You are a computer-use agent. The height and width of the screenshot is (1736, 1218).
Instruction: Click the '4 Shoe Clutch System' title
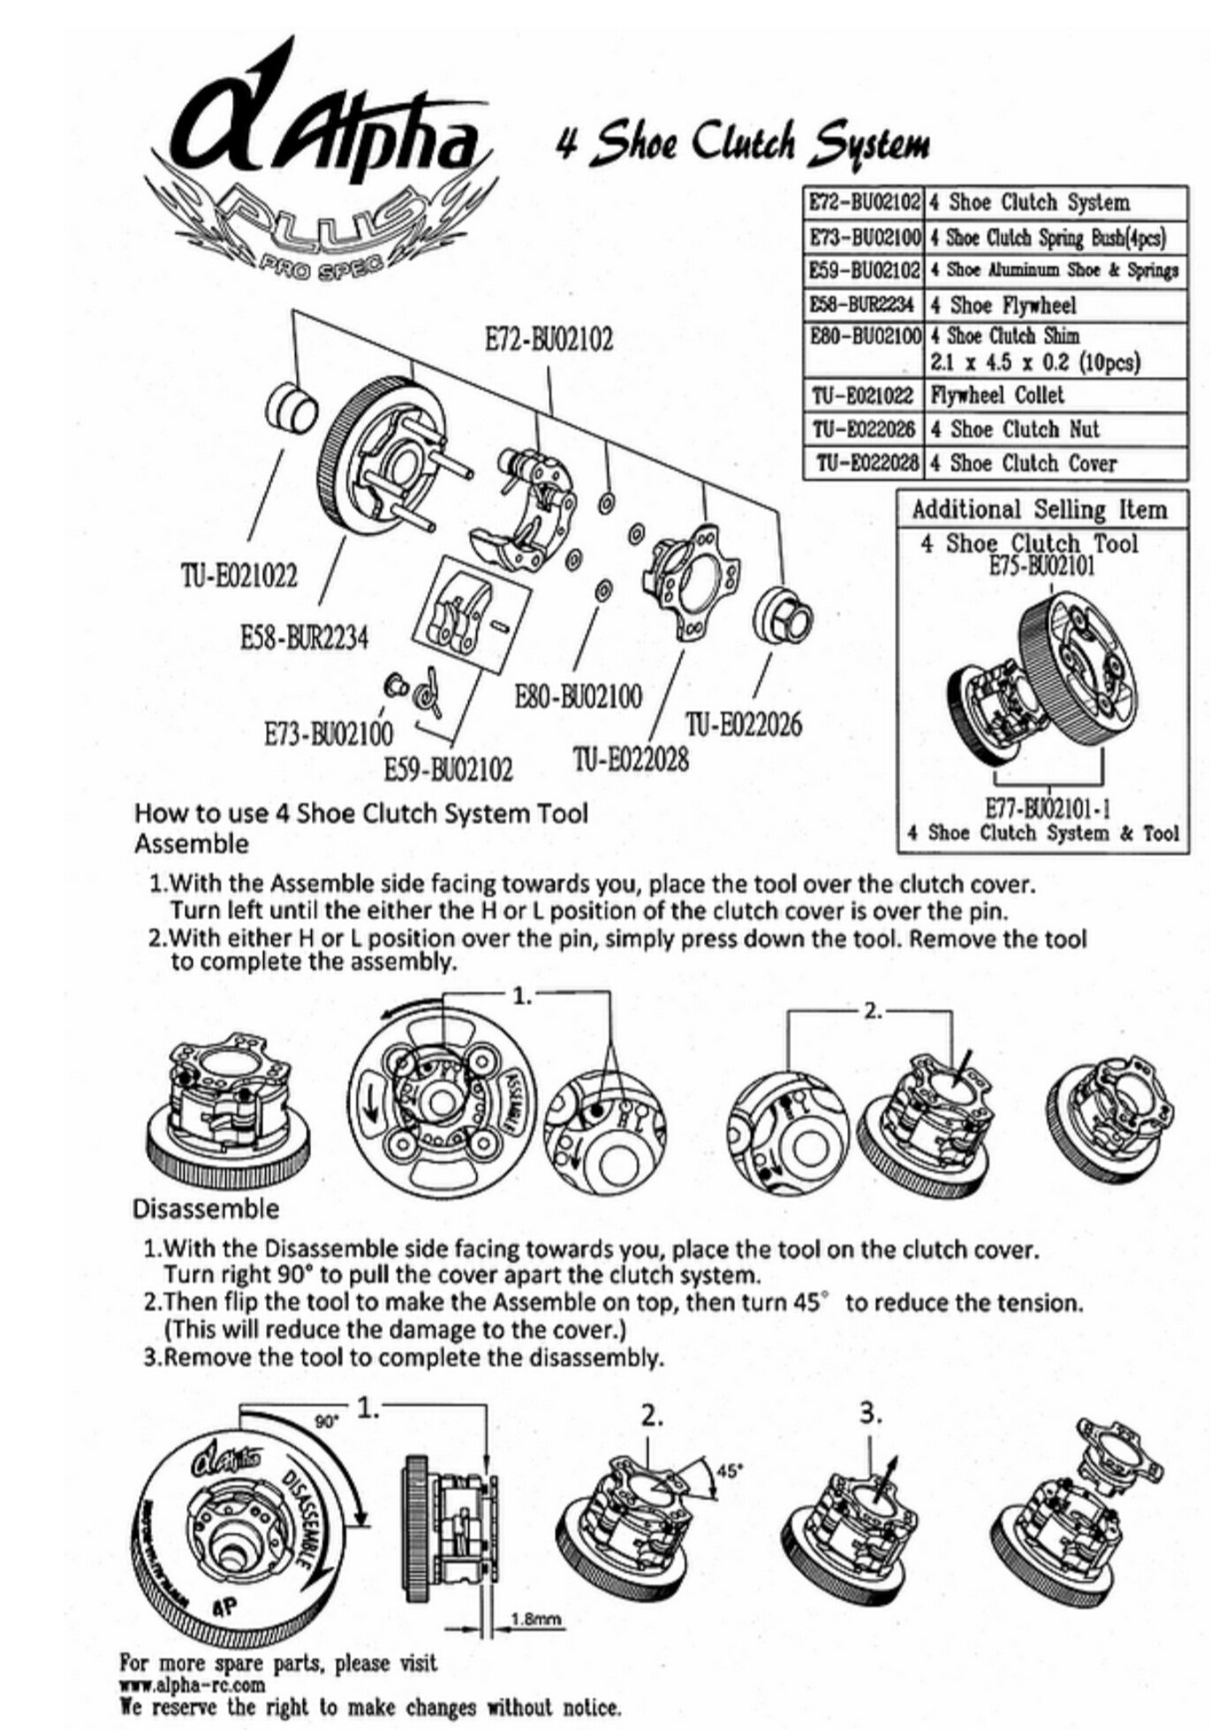pos(741,143)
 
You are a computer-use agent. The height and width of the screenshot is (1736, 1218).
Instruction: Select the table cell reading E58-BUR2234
pos(863,306)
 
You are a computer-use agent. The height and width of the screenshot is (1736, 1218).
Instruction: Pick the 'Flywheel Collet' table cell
pos(995,395)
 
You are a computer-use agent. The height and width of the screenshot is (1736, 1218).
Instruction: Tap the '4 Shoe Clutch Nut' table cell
pos(1014,429)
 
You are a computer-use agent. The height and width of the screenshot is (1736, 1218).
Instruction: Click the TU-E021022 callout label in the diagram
pos(239,577)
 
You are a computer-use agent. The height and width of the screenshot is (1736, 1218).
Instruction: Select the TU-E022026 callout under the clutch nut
pos(744,725)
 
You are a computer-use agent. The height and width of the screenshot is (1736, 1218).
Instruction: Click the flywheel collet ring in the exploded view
pos(291,409)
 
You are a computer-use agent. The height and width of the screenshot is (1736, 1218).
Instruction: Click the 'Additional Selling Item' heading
pos(1039,509)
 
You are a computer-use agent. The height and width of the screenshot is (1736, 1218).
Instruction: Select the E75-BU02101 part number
pos(1041,566)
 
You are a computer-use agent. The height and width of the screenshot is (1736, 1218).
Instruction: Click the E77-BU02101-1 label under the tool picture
pos(1047,808)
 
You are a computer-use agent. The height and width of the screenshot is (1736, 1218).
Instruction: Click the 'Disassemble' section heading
pos(205,1208)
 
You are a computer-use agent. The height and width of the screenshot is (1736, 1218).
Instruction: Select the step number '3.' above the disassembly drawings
pos(869,1415)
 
